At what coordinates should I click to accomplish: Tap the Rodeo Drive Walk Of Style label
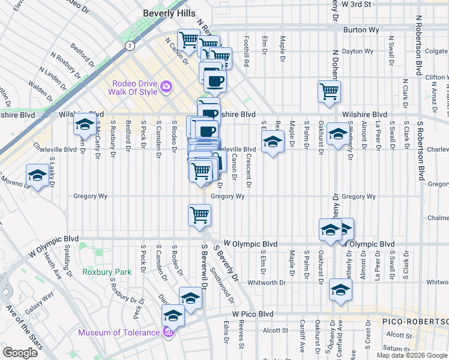(133, 88)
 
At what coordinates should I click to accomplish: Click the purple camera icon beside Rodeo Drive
(166, 88)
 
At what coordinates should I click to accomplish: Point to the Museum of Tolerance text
(118, 332)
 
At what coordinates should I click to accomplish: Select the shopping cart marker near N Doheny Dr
(329, 91)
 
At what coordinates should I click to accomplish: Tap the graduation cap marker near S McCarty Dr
(85, 124)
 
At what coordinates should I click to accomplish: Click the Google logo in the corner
(20, 352)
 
